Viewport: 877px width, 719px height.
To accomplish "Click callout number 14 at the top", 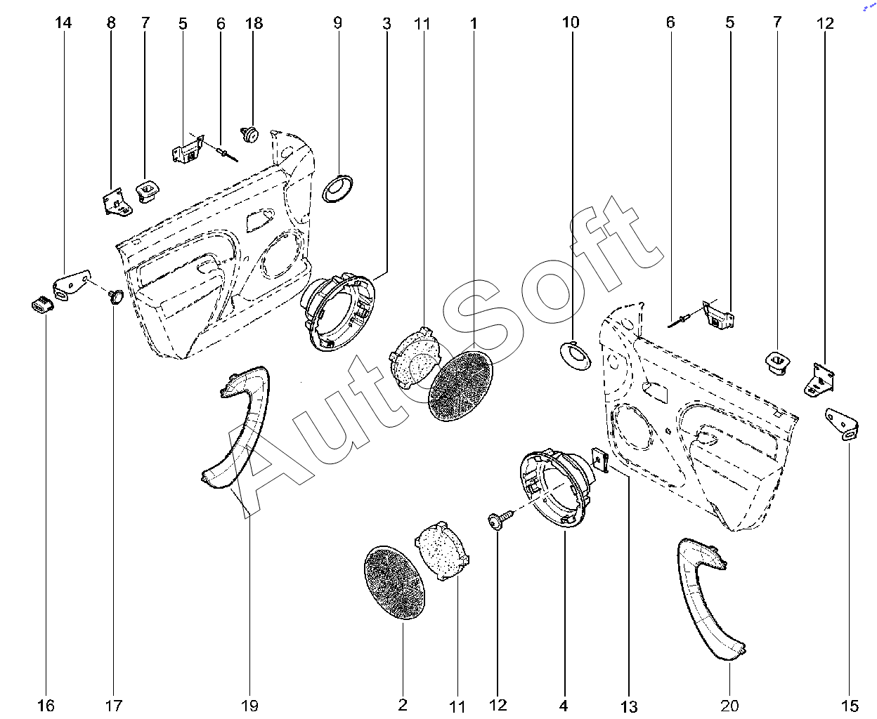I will tap(63, 23).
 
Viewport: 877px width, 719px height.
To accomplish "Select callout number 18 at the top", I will tap(254, 23).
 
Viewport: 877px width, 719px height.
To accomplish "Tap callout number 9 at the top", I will tap(337, 23).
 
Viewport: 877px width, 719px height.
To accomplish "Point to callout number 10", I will tap(571, 22).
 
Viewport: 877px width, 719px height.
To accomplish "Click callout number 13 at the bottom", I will tap(629, 706).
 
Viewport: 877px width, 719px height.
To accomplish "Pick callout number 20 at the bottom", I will tap(730, 706).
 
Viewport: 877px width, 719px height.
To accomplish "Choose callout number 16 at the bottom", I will tap(46, 706).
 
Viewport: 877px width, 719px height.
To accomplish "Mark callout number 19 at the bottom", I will tap(250, 706).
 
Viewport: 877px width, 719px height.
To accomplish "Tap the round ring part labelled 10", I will tap(576, 353).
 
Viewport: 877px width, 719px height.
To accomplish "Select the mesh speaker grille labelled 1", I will tap(460, 387).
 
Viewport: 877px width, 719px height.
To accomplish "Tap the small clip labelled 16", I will tap(42, 305).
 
